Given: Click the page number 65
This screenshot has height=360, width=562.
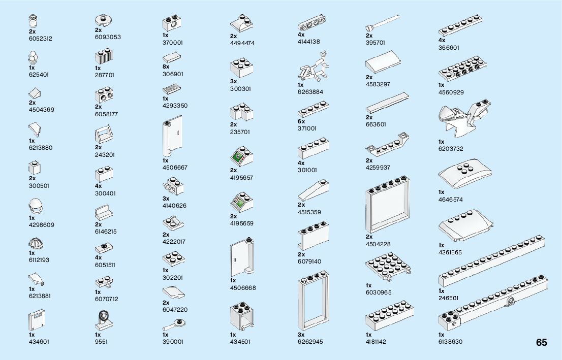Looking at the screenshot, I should (x=541, y=342).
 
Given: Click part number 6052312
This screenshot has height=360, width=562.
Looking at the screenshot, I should (x=41, y=39).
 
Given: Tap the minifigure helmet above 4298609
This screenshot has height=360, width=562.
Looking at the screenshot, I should (x=35, y=207).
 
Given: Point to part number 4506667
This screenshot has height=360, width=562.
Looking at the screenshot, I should (x=175, y=168).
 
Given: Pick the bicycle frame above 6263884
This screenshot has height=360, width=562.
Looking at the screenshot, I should (x=314, y=68).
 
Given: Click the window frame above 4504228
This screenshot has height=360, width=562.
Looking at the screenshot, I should (x=388, y=204).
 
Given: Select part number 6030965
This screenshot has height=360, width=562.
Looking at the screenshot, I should (x=379, y=292).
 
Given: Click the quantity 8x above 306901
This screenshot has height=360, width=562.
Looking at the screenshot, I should (x=166, y=67).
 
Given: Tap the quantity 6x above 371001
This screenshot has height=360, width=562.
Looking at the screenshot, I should (x=301, y=121).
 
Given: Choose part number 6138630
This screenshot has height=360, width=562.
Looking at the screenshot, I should (x=450, y=342).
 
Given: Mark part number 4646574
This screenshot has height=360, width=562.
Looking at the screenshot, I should (x=450, y=200).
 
